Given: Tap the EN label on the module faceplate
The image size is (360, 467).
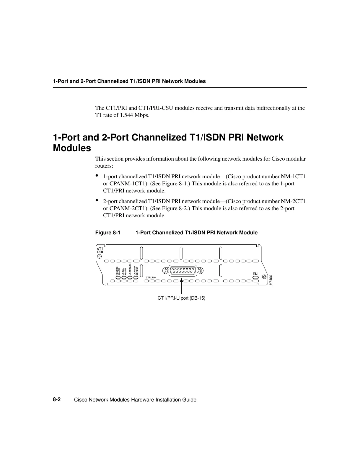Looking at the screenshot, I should click(x=255, y=274).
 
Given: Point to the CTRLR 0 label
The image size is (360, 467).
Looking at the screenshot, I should click(x=151, y=277).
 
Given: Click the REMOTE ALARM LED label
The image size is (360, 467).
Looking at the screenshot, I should click(x=118, y=271).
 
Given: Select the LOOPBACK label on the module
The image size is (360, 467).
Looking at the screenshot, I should click(x=130, y=270).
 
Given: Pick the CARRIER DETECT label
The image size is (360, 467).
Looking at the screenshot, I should click(x=136, y=271).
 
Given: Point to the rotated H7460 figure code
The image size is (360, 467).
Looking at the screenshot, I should click(x=271, y=280).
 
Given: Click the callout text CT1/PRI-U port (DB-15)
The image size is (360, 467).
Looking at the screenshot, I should click(x=181, y=298).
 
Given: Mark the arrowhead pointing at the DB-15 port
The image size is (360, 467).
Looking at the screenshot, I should click(x=182, y=280).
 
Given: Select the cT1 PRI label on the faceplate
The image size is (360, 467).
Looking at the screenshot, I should click(x=100, y=250).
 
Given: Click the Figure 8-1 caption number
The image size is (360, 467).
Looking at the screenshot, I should click(x=108, y=233).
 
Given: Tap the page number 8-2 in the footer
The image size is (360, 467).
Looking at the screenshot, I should click(x=57, y=399).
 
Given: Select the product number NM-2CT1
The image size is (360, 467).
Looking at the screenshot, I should click(x=293, y=201).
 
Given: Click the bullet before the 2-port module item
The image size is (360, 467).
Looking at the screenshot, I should click(x=97, y=200).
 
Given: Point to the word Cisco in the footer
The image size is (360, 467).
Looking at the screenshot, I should click(x=81, y=400).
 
